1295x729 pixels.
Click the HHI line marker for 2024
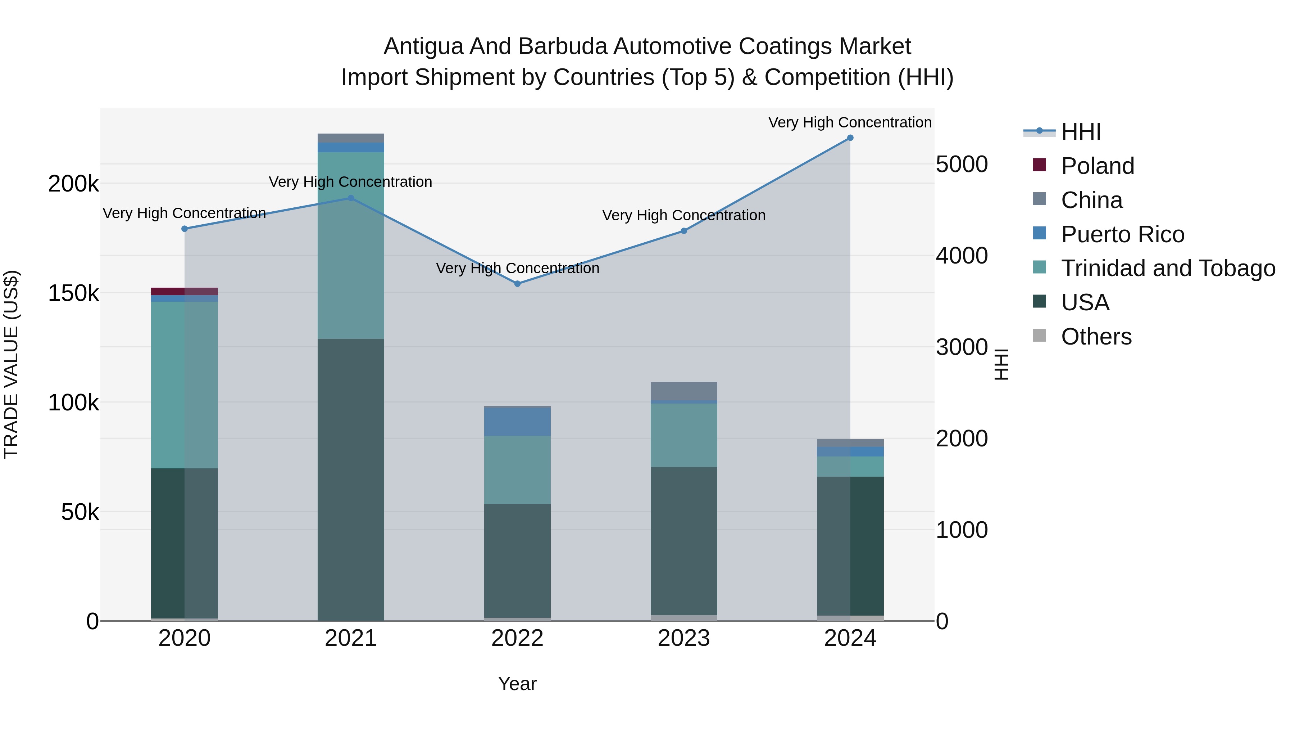tap(850, 138)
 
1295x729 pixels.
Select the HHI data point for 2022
tap(517, 284)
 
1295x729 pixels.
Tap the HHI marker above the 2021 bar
tap(351, 198)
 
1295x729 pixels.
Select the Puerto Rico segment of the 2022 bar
tap(517, 421)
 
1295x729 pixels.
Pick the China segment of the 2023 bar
tap(684, 391)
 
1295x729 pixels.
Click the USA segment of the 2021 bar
tap(351, 478)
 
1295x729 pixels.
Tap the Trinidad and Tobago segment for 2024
tap(850, 466)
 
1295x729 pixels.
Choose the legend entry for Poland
tap(1098, 166)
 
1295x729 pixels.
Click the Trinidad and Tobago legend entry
tap(1168, 268)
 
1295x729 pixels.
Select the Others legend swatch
tap(1039, 336)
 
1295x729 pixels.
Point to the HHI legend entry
tap(1081, 132)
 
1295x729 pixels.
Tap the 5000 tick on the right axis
tap(962, 165)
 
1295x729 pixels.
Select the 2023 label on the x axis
tap(684, 638)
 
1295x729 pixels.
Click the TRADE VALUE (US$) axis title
tap(11, 364)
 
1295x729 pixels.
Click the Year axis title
tap(517, 684)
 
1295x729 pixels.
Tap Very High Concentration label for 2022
tap(517, 268)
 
